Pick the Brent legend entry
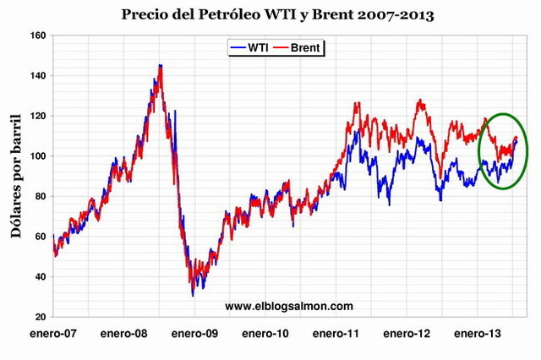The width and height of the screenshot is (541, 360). tap(303, 47)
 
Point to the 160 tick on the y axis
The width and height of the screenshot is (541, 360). tap(36, 35)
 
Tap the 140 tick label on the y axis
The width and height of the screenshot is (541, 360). tap(36, 76)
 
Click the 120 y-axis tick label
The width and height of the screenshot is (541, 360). tap(36, 116)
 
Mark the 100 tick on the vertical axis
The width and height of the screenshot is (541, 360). tap(36, 156)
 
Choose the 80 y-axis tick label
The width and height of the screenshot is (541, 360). tap(39, 196)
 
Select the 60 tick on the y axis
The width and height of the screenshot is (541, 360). tap(39, 237)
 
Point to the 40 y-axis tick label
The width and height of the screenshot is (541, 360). tap(39, 276)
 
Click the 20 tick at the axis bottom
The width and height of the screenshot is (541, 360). tap(39, 317)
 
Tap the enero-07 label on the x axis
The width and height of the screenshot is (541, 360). tap(53, 335)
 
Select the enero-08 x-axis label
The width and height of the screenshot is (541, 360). tap(124, 335)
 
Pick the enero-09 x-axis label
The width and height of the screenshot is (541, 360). tap(195, 335)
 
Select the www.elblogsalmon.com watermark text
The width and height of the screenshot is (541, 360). tap(289, 306)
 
